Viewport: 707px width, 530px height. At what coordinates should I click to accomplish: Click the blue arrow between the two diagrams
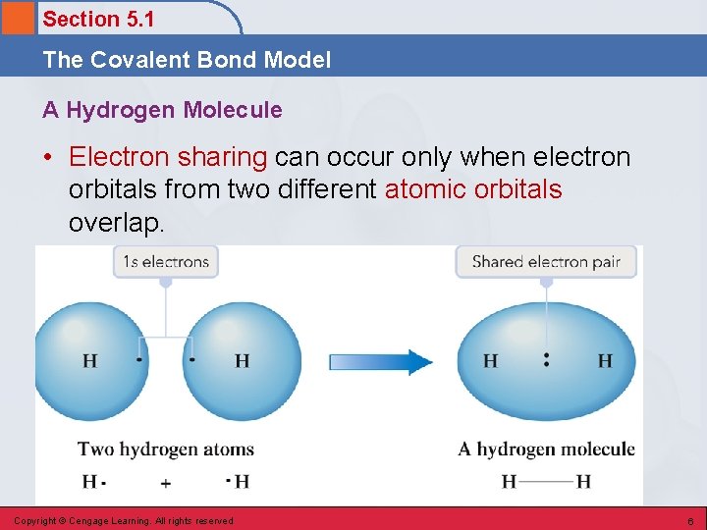(x=381, y=362)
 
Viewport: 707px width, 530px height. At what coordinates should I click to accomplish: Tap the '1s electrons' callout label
(x=166, y=262)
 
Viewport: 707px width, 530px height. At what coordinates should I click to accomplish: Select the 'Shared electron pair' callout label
(x=546, y=262)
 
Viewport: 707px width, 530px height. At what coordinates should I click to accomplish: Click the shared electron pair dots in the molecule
(x=546, y=360)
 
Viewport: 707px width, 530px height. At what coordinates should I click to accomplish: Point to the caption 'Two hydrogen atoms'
(x=166, y=450)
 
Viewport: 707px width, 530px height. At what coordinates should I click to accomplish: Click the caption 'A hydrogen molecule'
(x=546, y=450)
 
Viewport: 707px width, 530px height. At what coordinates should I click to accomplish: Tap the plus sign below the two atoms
(x=166, y=482)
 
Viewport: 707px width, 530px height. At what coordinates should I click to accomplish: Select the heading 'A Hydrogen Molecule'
(x=162, y=110)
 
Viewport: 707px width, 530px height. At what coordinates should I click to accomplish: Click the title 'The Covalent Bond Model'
(x=187, y=60)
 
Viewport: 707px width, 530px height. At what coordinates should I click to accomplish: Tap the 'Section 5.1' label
(x=98, y=19)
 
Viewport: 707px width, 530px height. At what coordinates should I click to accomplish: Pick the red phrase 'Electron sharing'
(x=168, y=157)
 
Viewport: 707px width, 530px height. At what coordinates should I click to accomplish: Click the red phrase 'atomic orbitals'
(x=473, y=189)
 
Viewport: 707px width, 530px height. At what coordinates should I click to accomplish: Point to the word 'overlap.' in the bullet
(x=116, y=223)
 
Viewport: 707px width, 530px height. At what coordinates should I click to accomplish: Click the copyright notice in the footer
(x=124, y=520)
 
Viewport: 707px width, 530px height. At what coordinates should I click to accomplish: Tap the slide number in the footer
(x=689, y=520)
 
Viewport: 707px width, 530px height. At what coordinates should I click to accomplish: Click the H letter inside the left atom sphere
(x=90, y=361)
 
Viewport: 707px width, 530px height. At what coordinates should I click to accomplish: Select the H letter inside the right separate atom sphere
(x=242, y=361)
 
